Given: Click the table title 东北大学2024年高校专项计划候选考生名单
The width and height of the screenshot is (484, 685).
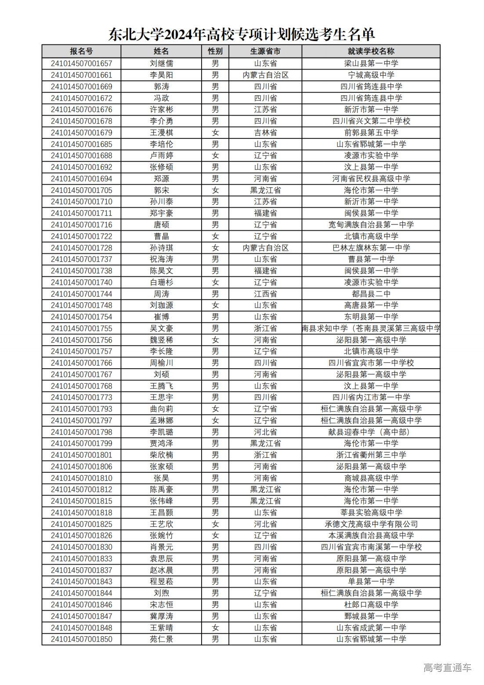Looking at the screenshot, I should [x=242, y=34].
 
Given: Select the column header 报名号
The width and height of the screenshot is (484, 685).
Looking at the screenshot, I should [x=81, y=51].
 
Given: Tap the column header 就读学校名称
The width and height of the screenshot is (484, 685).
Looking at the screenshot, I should [x=371, y=51].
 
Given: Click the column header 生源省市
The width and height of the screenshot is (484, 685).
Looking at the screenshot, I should [x=265, y=51].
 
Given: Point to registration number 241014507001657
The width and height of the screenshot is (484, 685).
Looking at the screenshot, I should [x=81, y=63].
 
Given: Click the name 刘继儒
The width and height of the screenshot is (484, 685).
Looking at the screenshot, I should [x=161, y=63].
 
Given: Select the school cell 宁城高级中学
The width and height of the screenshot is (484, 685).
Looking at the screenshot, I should [x=371, y=75].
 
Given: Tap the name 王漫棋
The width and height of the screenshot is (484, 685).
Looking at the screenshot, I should [x=161, y=133].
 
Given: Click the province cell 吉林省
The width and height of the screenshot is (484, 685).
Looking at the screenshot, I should [x=265, y=133].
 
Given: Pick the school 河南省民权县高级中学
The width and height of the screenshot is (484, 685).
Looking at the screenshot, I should [x=371, y=179].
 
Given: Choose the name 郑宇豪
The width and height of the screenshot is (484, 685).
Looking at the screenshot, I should [x=161, y=213].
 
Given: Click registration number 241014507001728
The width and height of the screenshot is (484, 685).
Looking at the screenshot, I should [x=81, y=248].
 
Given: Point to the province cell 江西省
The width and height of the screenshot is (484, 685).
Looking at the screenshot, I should [x=265, y=294].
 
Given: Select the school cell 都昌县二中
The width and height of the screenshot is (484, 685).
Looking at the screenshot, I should [x=371, y=294].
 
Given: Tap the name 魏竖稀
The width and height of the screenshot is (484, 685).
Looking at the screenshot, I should [x=161, y=340].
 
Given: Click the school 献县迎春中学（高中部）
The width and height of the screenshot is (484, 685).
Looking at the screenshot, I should [x=371, y=432].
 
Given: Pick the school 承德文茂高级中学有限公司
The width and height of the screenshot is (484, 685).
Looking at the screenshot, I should [x=371, y=524].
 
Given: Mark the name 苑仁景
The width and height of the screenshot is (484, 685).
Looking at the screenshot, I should [x=161, y=639].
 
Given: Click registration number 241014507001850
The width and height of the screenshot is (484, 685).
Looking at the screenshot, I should [x=81, y=639].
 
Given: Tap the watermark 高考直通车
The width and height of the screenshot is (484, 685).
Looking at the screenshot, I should [x=447, y=668].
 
